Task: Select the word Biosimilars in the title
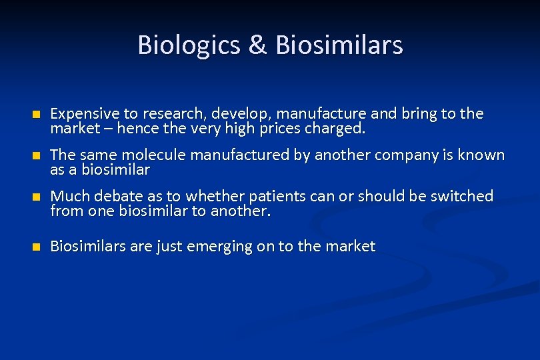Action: point(339,45)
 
